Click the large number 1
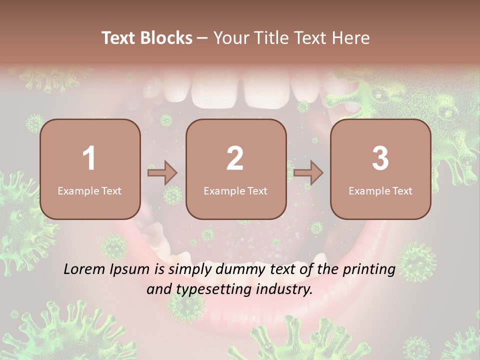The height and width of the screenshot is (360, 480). click(89, 158)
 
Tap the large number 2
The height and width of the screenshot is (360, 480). click(235, 158)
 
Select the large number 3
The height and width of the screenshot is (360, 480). click(380, 158)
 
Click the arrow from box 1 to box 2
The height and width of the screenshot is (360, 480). click(162, 173)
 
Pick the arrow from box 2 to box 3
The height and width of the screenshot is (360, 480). click(308, 173)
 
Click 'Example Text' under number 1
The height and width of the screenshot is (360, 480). click(89, 191)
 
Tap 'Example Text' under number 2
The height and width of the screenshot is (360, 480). click(235, 191)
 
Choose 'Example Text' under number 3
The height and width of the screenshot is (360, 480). click(380, 191)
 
